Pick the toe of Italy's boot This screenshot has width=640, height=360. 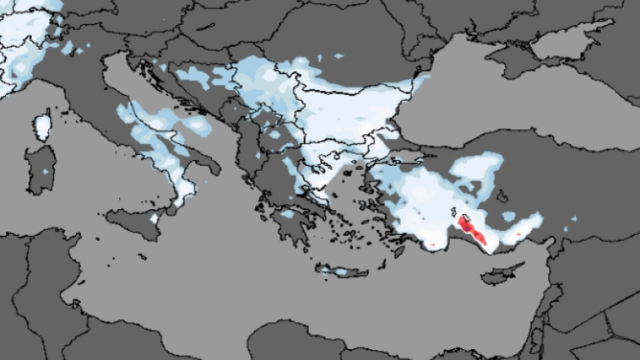(x=177, y=204)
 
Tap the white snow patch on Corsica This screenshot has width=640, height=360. (x=42, y=127)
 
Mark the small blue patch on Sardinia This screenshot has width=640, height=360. (x=46, y=171)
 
